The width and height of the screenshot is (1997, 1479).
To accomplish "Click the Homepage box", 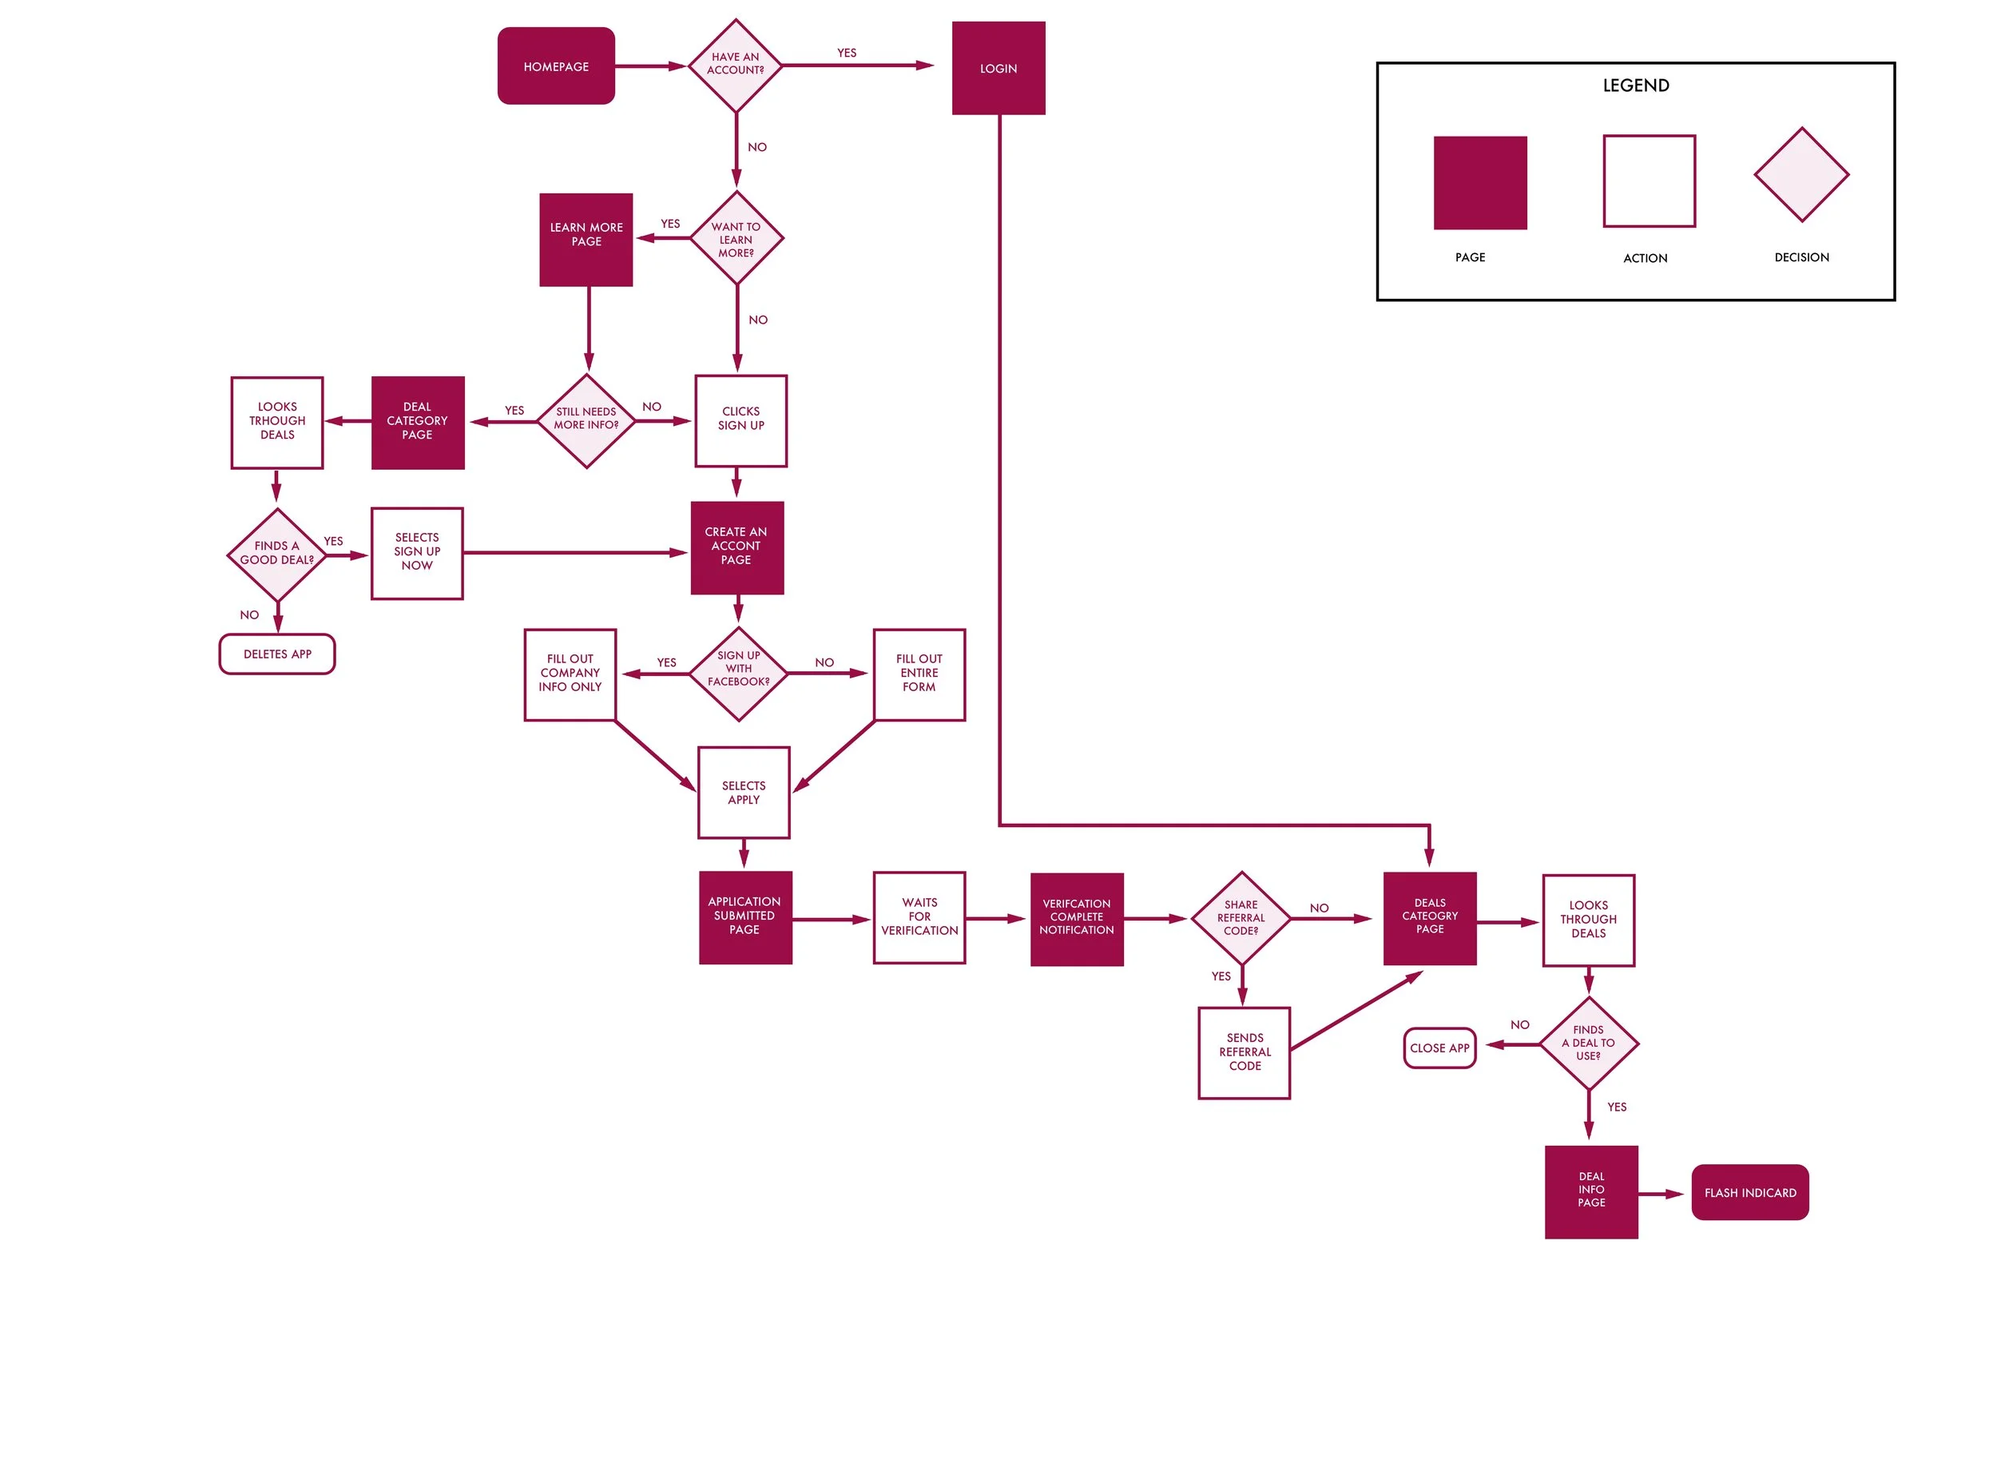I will (556, 66).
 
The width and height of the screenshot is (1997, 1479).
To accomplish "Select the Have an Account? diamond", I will (735, 65).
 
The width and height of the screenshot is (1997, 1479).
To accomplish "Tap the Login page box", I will (998, 68).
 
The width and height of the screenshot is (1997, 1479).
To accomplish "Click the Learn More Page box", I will (586, 239).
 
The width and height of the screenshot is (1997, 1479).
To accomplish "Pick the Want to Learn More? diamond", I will (736, 239).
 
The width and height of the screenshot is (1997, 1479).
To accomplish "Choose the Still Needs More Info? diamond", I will (586, 419).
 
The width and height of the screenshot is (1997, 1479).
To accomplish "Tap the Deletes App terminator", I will (277, 654).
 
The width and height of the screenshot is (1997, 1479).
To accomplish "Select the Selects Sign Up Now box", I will (417, 553).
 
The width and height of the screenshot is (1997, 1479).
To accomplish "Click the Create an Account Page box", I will (736, 547).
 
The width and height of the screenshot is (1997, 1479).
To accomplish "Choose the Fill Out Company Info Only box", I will (570, 674).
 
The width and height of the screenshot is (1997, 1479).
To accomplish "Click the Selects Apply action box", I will (744, 793).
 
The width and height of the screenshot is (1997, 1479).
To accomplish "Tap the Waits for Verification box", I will (919, 917).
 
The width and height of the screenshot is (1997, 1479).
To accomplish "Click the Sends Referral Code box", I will (1245, 1053).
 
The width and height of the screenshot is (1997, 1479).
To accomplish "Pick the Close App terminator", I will (1439, 1048).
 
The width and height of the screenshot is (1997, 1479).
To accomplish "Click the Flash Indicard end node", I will (1750, 1192).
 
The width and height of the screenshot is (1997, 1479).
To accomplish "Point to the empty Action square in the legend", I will (1649, 181).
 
